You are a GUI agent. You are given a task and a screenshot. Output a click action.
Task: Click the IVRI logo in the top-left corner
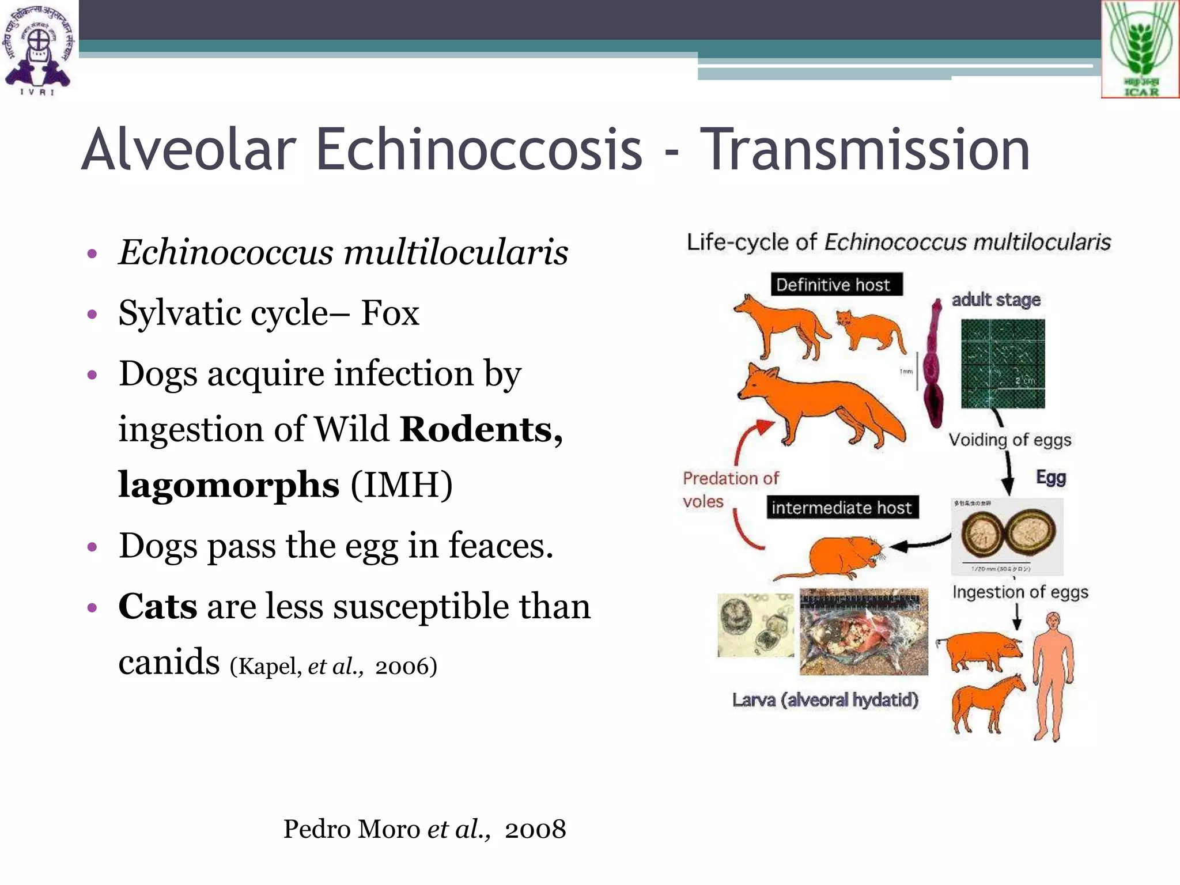[x=38, y=50]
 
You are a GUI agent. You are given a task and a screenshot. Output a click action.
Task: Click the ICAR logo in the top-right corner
[x=1140, y=50]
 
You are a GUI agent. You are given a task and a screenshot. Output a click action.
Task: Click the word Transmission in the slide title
[x=868, y=150]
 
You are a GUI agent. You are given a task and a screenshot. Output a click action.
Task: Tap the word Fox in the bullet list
[x=390, y=313]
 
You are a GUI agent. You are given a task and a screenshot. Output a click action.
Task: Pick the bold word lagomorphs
[x=229, y=485]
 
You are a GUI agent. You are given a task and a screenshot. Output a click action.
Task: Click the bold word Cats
[x=157, y=607]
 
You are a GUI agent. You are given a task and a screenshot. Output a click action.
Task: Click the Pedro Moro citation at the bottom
[x=424, y=829]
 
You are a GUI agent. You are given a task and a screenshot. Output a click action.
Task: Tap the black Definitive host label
[x=836, y=285]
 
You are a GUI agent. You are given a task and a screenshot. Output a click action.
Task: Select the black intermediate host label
[x=842, y=508]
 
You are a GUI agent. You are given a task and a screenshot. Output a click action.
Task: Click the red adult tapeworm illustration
[x=932, y=369]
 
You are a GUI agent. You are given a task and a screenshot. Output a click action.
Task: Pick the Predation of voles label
[x=729, y=489]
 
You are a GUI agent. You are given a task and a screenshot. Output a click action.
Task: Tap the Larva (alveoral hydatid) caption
[x=825, y=700]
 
